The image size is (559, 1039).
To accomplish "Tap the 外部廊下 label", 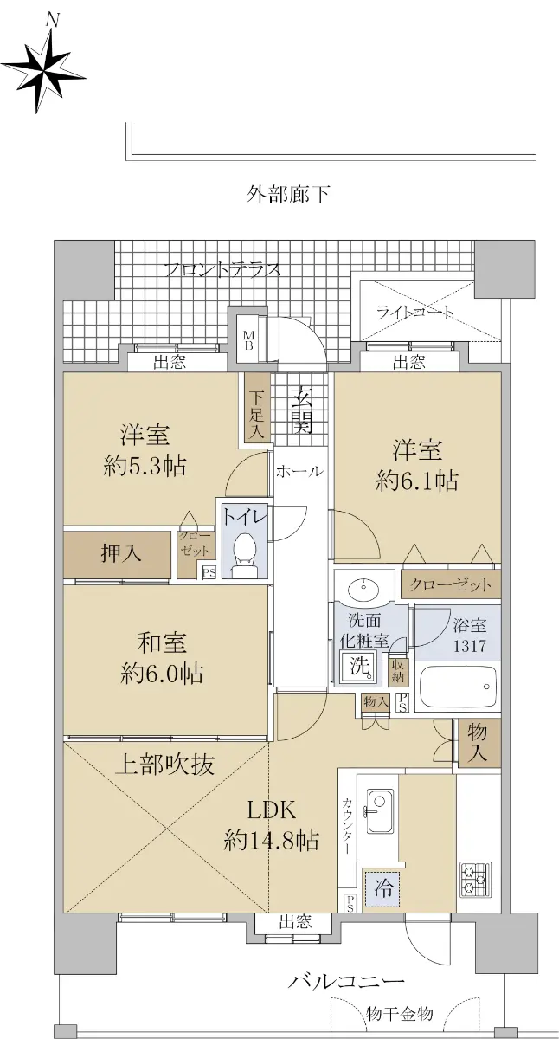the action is [x=287, y=194].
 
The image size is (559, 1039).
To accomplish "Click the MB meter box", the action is [x=248, y=340].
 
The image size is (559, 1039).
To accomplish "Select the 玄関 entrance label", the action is [x=301, y=410].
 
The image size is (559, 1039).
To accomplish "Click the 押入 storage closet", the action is [x=118, y=554].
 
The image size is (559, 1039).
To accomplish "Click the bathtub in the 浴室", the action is [x=457, y=687].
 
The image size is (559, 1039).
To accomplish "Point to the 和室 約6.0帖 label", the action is [x=162, y=659].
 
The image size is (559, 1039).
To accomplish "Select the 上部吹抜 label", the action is [x=164, y=765].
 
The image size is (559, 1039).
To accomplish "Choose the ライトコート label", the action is [x=414, y=313].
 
